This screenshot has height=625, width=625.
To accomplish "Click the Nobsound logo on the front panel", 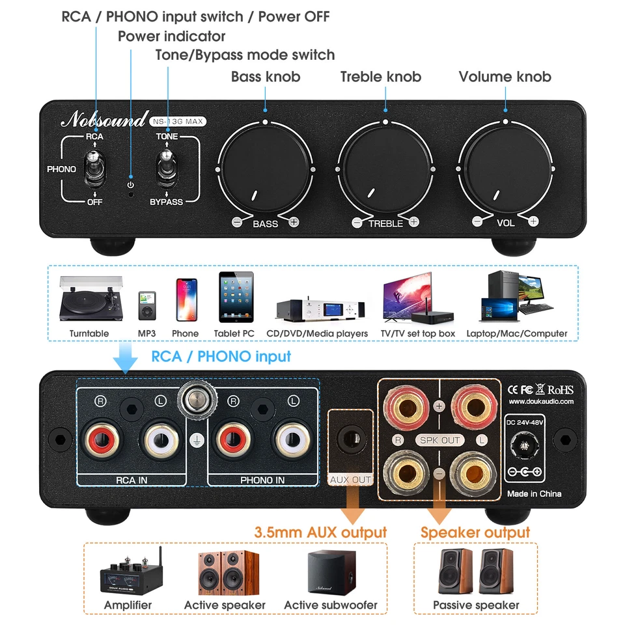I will click(x=104, y=120).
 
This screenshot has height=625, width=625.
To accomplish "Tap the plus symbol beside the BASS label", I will click(x=294, y=223).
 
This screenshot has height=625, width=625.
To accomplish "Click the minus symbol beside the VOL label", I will click(x=477, y=221).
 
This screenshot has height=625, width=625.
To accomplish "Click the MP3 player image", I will click(x=146, y=305).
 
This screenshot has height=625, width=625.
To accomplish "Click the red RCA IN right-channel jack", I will click(x=101, y=441).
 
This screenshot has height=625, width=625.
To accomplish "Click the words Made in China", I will click(x=534, y=493).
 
